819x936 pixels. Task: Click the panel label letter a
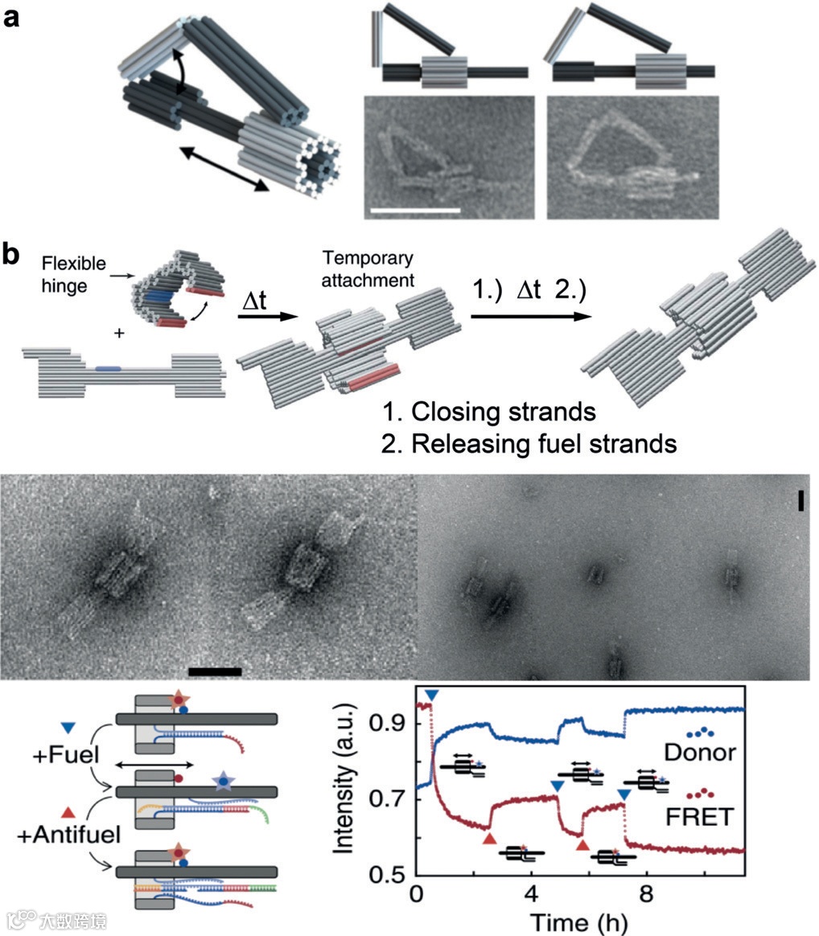[12, 17]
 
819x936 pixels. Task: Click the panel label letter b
[14, 255]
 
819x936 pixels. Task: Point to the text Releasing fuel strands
[529, 442]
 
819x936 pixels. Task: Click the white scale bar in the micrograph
[414, 211]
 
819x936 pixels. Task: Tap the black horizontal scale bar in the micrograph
[215, 670]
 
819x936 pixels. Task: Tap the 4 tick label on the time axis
[531, 894]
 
